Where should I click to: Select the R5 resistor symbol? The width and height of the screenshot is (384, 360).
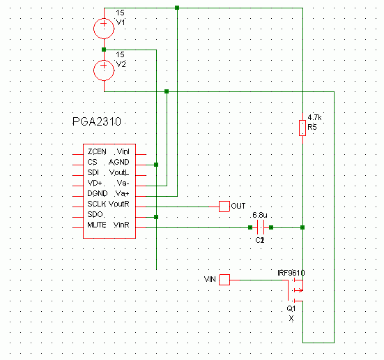(x=302, y=128)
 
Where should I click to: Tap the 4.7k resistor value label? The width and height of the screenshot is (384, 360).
(x=315, y=117)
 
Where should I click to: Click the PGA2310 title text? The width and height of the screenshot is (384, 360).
(x=97, y=121)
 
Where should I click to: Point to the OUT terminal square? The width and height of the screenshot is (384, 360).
(x=224, y=207)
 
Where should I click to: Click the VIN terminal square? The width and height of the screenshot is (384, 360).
(x=224, y=280)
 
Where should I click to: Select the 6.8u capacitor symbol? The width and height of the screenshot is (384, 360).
(x=261, y=227)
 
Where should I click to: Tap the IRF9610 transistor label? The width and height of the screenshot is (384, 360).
(x=291, y=273)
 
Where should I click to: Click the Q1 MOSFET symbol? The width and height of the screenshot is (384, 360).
(x=295, y=290)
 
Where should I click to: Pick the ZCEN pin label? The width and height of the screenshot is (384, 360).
(x=97, y=152)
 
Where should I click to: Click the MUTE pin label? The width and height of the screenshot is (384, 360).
(x=97, y=225)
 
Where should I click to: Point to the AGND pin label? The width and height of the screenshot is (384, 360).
(x=118, y=162)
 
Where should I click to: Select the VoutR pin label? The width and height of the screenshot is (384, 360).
(x=118, y=204)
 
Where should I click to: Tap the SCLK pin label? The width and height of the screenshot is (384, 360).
(x=97, y=204)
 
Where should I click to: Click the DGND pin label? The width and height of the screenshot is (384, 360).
(x=98, y=193)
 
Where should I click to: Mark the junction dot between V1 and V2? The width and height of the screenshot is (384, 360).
(x=104, y=50)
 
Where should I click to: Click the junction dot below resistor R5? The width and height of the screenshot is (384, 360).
(x=302, y=227)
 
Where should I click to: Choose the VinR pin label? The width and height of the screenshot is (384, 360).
(x=121, y=225)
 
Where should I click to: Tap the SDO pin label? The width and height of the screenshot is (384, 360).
(x=95, y=214)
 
